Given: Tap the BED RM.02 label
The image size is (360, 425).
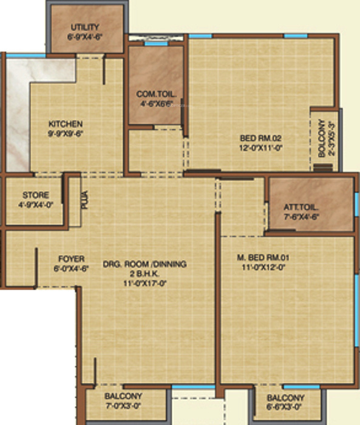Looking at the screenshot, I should (262, 137).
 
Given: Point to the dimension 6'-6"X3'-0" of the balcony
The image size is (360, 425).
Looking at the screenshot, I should (285, 407).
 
